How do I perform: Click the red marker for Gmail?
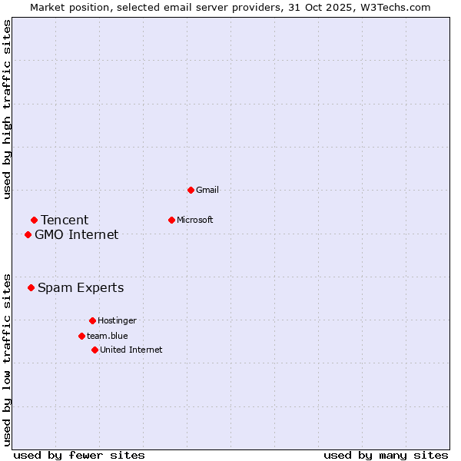[191, 190]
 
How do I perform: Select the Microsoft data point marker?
[171, 220]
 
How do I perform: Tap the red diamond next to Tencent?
[34, 221]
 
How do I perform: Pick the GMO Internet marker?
[28, 234]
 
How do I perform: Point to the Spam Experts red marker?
[31, 288]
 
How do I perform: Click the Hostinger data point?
[92, 320]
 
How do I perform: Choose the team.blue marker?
[81, 336]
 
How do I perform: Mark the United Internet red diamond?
[95, 350]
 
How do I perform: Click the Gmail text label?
[207, 190]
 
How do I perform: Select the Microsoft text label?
[195, 220]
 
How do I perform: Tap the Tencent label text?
[65, 221]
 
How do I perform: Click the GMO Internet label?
[77, 235]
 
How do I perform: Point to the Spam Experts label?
[81, 288]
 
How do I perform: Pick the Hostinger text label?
[117, 320]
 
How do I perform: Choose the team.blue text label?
[108, 336]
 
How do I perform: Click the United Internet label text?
[131, 350]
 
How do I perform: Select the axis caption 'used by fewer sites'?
[79, 455]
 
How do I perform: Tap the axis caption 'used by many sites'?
[386, 455]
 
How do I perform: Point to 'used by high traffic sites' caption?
[8, 109]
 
